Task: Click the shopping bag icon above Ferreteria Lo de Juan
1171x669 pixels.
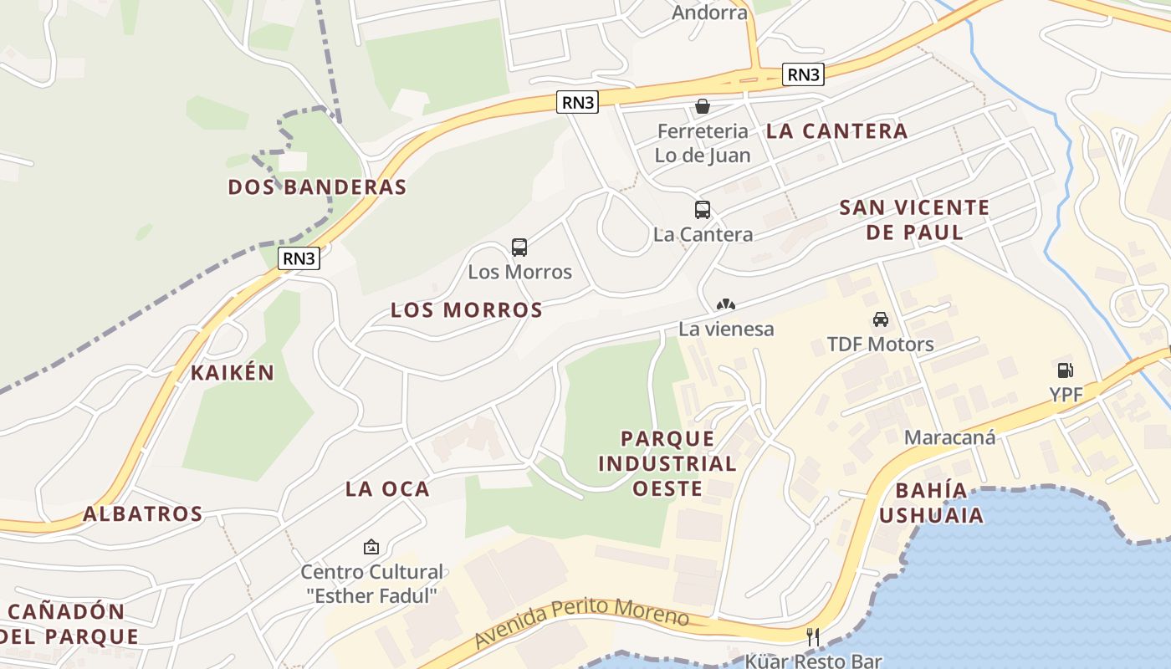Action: [x=703, y=106]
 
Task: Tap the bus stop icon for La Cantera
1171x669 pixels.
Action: [x=703, y=210]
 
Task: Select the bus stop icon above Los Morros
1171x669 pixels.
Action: [x=519, y=248]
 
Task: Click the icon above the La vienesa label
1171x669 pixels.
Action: [x=726, y=305]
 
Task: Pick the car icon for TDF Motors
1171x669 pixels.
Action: [x=881, y=319]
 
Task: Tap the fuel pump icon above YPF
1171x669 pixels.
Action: [x=1065, y=370]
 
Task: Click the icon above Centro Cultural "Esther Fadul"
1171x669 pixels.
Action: [x=371, y=548]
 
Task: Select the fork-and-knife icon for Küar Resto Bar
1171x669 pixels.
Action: [x=811, y=637]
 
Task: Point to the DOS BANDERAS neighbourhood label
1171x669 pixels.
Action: [x=317, y=186]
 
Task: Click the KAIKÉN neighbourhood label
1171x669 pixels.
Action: [x=233, y=373]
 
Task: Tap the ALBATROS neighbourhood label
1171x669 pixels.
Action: [x=143, y=514]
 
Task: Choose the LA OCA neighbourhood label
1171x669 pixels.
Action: [x=387, y=489]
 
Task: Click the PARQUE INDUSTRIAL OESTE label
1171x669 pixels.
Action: [x=667, y=463]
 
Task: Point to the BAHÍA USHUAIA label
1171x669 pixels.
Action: [x=931, y=503]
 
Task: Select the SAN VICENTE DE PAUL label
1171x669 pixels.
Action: [x=914, y=219]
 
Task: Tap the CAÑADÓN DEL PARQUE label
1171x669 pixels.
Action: [x=69, y=624]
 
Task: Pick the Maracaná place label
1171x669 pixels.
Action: [x=949, y=437]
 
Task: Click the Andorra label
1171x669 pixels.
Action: [x=709, y=13]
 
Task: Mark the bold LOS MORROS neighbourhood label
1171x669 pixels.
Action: [x=467, y=310]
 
